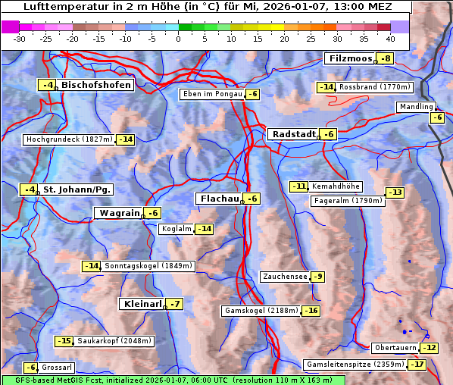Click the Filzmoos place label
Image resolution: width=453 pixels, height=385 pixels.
click(350, 58)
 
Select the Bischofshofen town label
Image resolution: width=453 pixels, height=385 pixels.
click(96, 85)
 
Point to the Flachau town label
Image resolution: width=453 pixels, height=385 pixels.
click(219, 199)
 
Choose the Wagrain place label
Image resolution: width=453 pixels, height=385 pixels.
click(120, 213)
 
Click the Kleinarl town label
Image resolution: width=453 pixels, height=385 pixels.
click(142, 304)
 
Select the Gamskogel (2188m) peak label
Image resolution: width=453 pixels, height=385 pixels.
click(261, 311)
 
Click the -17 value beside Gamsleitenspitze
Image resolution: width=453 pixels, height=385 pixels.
click(417, 365)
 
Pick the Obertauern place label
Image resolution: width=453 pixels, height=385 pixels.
click(395, 348)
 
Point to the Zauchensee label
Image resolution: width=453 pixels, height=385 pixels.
click(284, 277)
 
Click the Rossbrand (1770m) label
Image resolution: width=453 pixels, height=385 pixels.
click(374, 87)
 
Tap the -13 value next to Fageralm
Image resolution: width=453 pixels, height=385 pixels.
click(395, 192)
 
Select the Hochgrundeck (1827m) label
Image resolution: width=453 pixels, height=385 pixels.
click(69, 139)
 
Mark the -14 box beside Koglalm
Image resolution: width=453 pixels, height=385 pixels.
click(204, 229)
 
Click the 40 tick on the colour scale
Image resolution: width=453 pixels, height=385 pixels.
click(390, 39)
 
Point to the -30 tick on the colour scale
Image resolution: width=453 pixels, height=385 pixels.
click(20, 39)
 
